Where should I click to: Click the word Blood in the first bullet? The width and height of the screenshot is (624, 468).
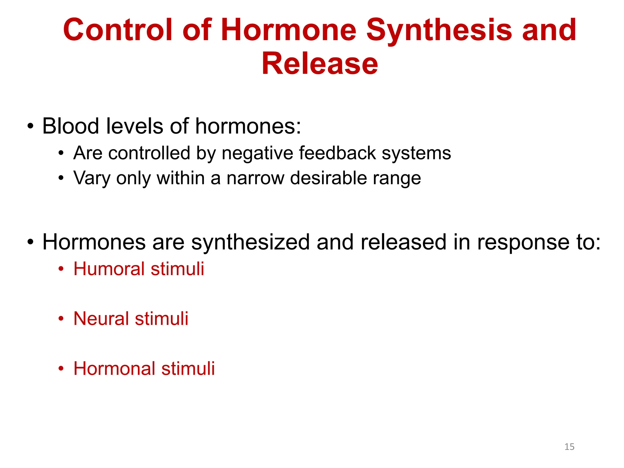(70, 126)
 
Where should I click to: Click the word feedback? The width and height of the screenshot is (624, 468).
(337, 153)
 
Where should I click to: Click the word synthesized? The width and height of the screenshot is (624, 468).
(250, 242)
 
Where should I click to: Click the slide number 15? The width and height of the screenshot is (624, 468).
(569, 447)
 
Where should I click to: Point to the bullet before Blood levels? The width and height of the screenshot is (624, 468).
(30, 126)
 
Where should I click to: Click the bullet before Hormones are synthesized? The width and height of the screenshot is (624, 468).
(30, 242)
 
